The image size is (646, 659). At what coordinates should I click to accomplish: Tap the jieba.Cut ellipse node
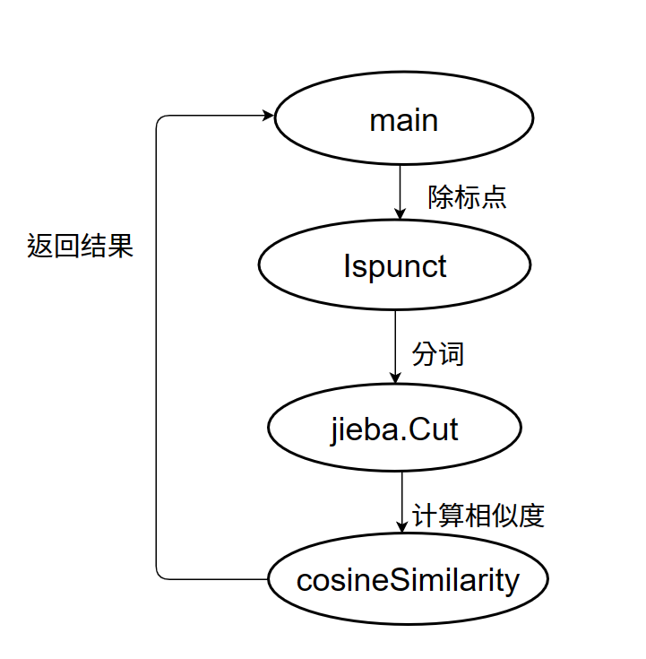click(394, 429)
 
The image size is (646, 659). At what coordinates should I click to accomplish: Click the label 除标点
click(467, 197)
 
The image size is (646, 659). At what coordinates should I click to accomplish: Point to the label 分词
click(438, 353)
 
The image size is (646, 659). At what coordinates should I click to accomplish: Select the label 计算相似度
click(478, 516)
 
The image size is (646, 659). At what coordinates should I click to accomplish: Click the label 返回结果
click(81, 246)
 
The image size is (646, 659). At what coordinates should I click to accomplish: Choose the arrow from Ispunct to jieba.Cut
click(395, 345)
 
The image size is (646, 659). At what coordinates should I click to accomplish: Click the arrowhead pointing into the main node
click(267, 116)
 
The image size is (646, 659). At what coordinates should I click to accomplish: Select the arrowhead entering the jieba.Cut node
click(395, 377)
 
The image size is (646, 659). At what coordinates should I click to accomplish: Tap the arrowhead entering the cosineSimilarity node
click(401, 526)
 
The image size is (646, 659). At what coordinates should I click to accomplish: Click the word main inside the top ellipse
click(403, 119)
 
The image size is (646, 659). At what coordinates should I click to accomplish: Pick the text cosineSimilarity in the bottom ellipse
click(408, 579)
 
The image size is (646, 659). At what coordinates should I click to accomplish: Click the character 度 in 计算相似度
click(531, 516)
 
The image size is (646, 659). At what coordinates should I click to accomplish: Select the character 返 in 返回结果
click(40, 246)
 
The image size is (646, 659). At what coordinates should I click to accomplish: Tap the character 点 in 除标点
click(494, 197)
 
